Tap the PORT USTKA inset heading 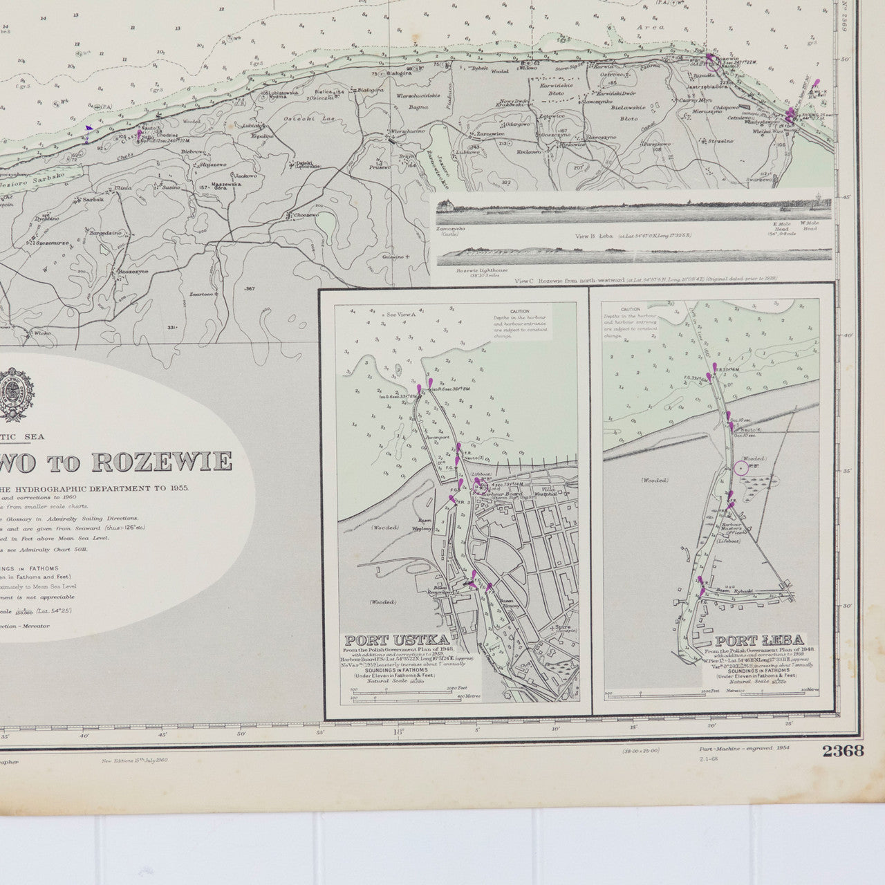click(x=381, y=640)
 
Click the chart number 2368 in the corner click(x=843, y=751)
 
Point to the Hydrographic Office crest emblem click(x=12, y=395)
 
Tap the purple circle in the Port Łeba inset click(x=740, y=468)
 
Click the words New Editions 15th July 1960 click(x=135, y=759)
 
